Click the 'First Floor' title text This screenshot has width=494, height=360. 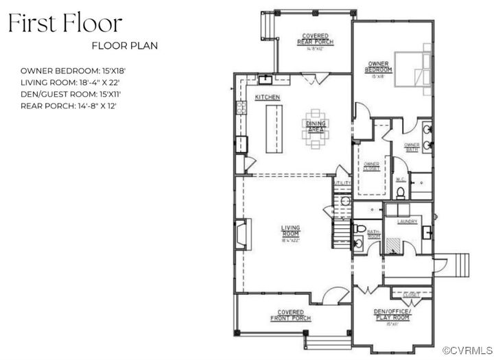[x=65, y=23]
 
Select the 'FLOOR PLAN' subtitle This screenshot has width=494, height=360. [x=125, y=46]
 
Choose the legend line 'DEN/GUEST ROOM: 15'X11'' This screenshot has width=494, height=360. [x=75, y=94]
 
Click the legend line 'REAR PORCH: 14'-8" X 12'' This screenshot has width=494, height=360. [x=78, y=106]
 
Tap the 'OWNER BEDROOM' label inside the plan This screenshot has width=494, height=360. [x=378, y=67]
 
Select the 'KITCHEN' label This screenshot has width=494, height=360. [x=267, y=98]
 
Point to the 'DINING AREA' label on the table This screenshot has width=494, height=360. [x=315, y=125]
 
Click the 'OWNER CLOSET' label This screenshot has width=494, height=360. [x=371, y=165]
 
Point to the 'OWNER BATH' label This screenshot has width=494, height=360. [x=411, y=146]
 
